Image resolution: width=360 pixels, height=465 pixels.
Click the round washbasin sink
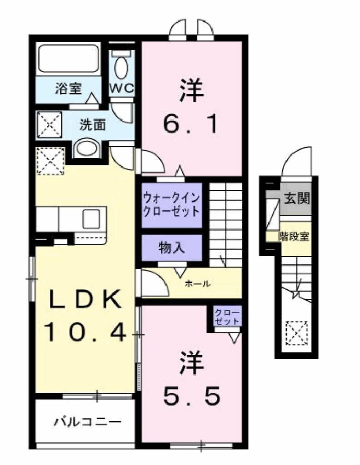tap(86, 148)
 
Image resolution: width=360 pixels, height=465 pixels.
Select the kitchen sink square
tap(91, 218)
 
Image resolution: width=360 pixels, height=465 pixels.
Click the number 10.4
tap(85, 334)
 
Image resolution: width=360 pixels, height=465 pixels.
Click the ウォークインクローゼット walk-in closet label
tap(171, 205)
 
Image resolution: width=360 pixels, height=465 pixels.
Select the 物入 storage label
tap(171, 248)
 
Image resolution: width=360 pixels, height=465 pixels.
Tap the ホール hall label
tap(197, 284)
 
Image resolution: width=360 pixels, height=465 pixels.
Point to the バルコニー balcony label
tap(88, 422)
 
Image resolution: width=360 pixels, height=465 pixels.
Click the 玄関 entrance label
tap(297, 198)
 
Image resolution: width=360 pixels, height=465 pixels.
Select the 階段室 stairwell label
tap(295, 237)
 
